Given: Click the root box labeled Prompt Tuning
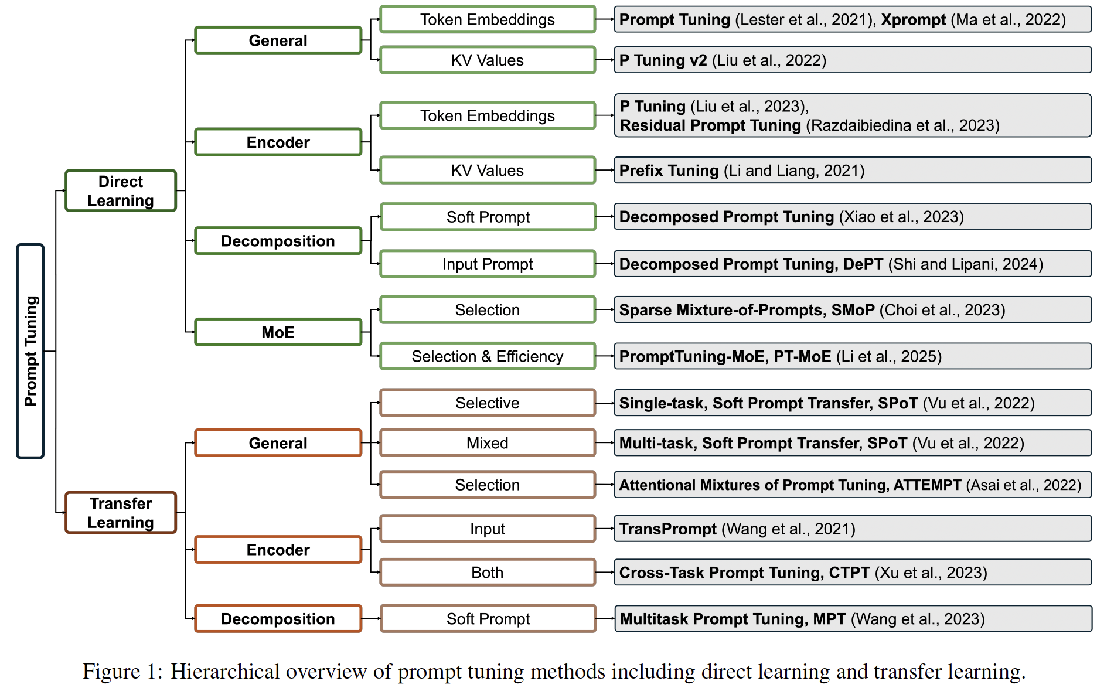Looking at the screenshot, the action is [x=30, y=351].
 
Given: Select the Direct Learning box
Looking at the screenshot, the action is [x=121, y=190].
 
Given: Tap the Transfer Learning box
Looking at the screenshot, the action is [x=121, y=512].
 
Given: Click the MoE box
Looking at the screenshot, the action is [x=278, y=332].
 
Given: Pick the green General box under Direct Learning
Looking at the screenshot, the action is [x=278, y=40].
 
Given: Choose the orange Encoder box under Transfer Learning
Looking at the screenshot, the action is [x=278, y=550].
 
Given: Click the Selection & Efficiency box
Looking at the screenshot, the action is [x=488, y=356].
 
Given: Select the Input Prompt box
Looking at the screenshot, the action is [x=488, y=264].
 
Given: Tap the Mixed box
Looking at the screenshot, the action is [x=488, y=443].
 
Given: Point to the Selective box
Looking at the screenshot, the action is [x=488, y=403].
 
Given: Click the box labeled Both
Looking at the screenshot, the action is [x=488, y=572].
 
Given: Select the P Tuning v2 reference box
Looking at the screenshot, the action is [x=853, y=60].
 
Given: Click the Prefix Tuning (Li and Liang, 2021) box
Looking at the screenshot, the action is [x=853, y=171].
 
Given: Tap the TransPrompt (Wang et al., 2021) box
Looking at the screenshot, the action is [x=853, y=529].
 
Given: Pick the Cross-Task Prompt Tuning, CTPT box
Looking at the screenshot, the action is [x=853, y=572].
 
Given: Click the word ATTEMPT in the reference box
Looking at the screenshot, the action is [x=927, y=485].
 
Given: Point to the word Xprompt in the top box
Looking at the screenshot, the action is [x=914, y=20].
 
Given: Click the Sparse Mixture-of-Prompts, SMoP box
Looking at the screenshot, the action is [x=853, y=309].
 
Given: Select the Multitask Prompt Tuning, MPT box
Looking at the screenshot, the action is [x=853, y=619].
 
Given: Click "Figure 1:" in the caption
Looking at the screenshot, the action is [x=122, y=672].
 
